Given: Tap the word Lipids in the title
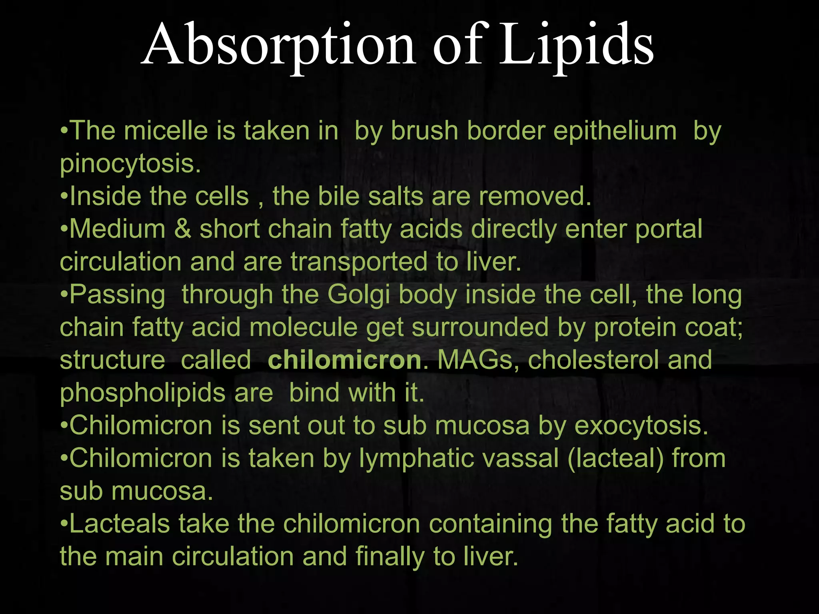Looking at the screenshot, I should pyautogui.click(x=576, y=45).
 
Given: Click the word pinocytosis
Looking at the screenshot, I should pyautogui.click(x=130, y=164).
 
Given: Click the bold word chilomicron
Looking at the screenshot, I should pyautogui.click(x=344, y=360).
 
